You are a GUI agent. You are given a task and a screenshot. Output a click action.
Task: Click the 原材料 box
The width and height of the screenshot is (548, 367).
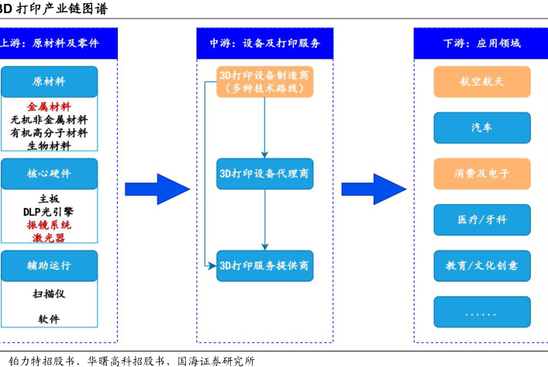(50, 81)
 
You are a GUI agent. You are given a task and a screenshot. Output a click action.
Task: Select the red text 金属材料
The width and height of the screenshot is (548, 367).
(49, 107)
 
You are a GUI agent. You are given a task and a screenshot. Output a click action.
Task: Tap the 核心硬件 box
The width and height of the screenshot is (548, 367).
(50, 174)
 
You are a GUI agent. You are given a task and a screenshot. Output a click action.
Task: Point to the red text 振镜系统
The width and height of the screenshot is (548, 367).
(49, 225)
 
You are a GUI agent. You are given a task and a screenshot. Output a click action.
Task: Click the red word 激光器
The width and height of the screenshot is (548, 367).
(49, 238)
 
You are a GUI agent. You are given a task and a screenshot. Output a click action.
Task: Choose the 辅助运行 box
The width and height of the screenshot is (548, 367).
(50, 265)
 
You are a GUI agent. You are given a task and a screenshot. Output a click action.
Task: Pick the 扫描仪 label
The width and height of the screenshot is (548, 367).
(49, 294)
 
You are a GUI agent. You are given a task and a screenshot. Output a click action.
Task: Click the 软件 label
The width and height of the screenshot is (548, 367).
(49, 319)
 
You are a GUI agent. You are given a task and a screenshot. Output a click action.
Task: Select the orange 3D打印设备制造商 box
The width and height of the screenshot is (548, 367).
(264, 81)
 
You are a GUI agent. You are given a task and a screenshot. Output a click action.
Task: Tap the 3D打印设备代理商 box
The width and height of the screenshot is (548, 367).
(264, 174)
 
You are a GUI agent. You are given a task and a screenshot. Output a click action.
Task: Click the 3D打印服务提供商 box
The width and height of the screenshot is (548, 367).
(264, 265)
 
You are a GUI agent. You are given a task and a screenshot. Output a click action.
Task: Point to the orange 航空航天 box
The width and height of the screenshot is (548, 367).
(481, 81)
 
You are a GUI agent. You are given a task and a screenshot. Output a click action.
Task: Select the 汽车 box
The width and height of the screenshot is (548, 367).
(481, 127)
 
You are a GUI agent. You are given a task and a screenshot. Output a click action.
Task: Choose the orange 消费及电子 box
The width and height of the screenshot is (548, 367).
(481, 174)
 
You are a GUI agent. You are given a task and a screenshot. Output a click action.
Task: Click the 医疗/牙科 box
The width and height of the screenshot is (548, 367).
(481, 220)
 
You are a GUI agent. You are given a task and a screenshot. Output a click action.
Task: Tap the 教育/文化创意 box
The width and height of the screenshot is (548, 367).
(481, 265)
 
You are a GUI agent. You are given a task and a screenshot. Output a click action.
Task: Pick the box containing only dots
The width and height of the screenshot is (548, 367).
(481, 312)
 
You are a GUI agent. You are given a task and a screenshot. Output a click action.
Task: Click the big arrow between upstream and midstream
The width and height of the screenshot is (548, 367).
(157, 189)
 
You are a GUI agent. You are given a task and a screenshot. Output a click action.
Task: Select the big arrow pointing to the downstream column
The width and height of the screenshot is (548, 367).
(373, 189)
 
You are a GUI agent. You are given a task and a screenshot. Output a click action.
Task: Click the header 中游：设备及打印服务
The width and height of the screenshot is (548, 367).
(264, 43)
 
